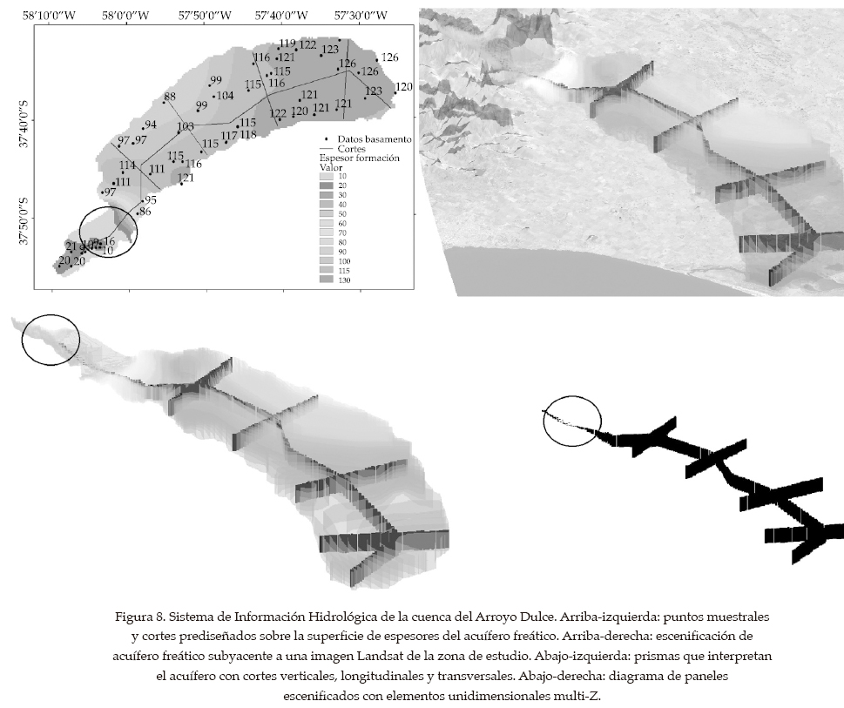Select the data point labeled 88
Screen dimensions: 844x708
coord(170,98)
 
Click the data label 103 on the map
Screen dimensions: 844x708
coord(186,127)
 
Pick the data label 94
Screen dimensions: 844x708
coord(150,125)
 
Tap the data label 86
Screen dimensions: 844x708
coord(145,212)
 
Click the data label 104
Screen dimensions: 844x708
coord(224,96)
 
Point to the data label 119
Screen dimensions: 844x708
coord(287,44)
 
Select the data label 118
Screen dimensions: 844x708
coord(248,135)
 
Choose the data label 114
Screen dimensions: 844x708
coord(127,165)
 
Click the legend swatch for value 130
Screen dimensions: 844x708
coord(327,280)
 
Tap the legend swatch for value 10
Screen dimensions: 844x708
coord(327,177)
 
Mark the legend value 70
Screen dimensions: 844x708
coord(343,233)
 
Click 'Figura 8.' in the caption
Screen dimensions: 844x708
coord(139,617)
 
